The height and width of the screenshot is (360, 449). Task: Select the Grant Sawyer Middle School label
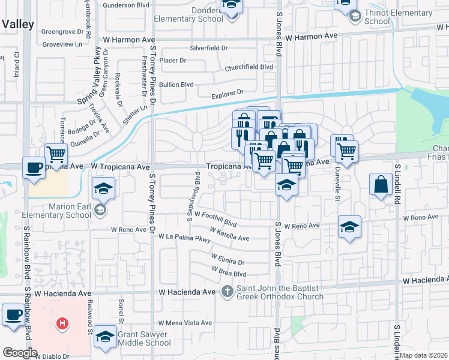click(x=145, y=338)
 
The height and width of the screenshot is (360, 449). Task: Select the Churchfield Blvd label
click(x=249, y=68)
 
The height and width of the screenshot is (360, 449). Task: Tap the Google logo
click(x=19, y=352)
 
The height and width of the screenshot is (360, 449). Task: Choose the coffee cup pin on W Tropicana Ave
click(x=33, y=167)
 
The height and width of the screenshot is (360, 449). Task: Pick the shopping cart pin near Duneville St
click(x=347, y=151)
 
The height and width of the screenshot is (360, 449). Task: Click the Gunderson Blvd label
click(x=125, y=5)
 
